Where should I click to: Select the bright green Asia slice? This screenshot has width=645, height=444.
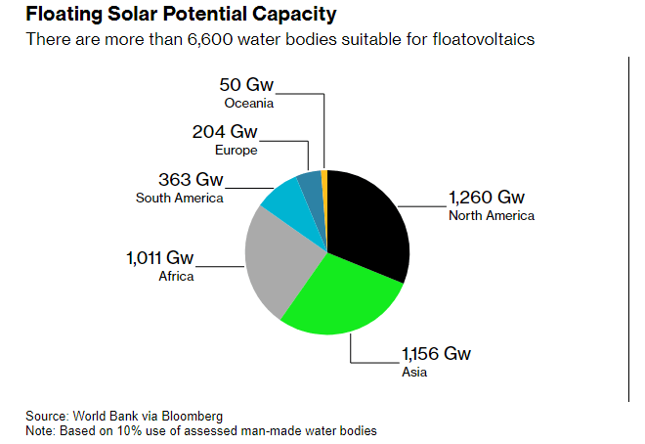click(x=342, y=293)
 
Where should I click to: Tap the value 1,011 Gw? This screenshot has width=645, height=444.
click(x=159, y=258)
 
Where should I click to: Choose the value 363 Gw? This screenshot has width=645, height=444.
click(x=191, y=181)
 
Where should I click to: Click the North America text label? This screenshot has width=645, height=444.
click(x=491, y=215)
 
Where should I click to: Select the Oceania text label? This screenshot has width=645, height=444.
click(x=248, y=102)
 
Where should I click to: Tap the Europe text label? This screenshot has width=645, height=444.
click(x=236, y=150)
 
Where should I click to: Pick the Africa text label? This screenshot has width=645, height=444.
click(x=176, y=276)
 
